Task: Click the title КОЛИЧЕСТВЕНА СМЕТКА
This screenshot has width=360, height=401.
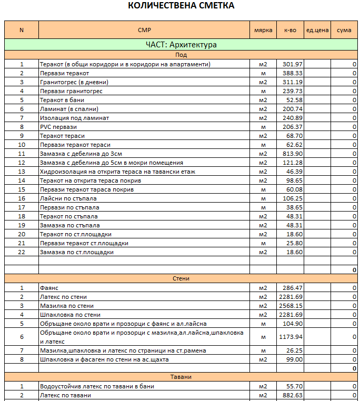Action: (x=181, y=6)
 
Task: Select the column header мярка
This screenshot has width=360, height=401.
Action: (x=263, y=30)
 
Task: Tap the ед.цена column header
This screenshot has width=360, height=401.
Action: (x=317, y=30)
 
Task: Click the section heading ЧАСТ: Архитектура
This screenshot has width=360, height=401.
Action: (x=181, y=45)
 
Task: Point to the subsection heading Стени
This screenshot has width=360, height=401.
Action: (x=181, y=278)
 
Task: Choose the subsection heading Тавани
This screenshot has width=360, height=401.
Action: (x=181, y=377)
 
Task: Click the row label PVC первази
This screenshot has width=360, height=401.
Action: (x=58, y=127)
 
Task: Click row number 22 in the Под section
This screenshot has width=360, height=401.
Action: (x=22, y=252)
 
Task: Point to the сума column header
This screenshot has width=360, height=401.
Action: (x=344, y=30)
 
